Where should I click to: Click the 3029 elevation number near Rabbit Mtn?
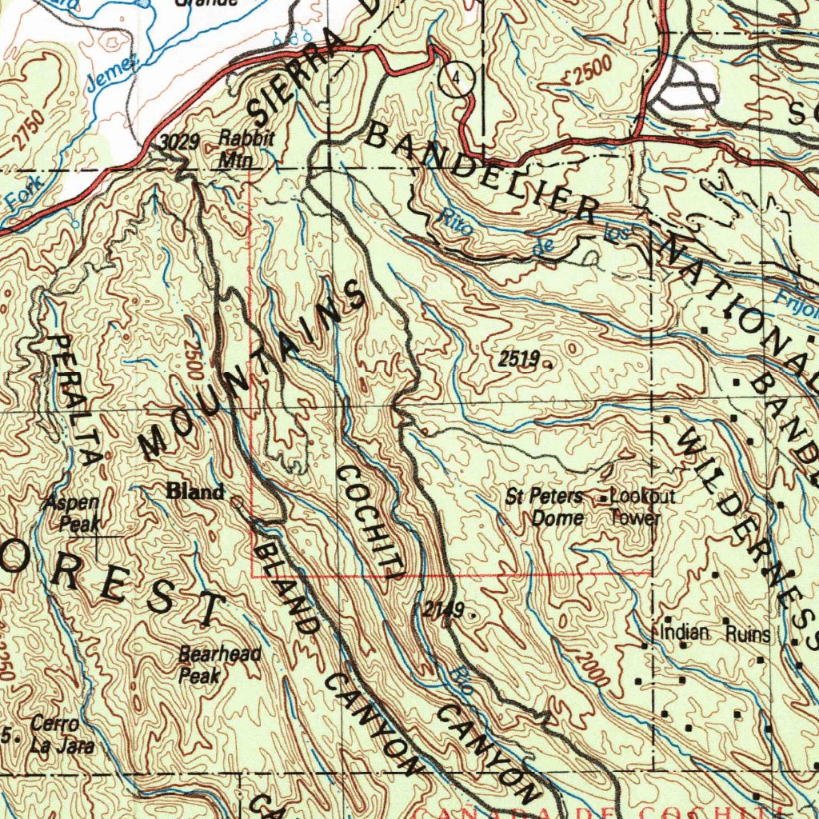179,143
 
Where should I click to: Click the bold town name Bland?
194,492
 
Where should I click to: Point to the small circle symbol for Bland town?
236,501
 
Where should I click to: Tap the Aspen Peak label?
74,513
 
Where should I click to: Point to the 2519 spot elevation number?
517,359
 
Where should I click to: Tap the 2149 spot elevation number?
443,610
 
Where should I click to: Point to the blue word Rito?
458,225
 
